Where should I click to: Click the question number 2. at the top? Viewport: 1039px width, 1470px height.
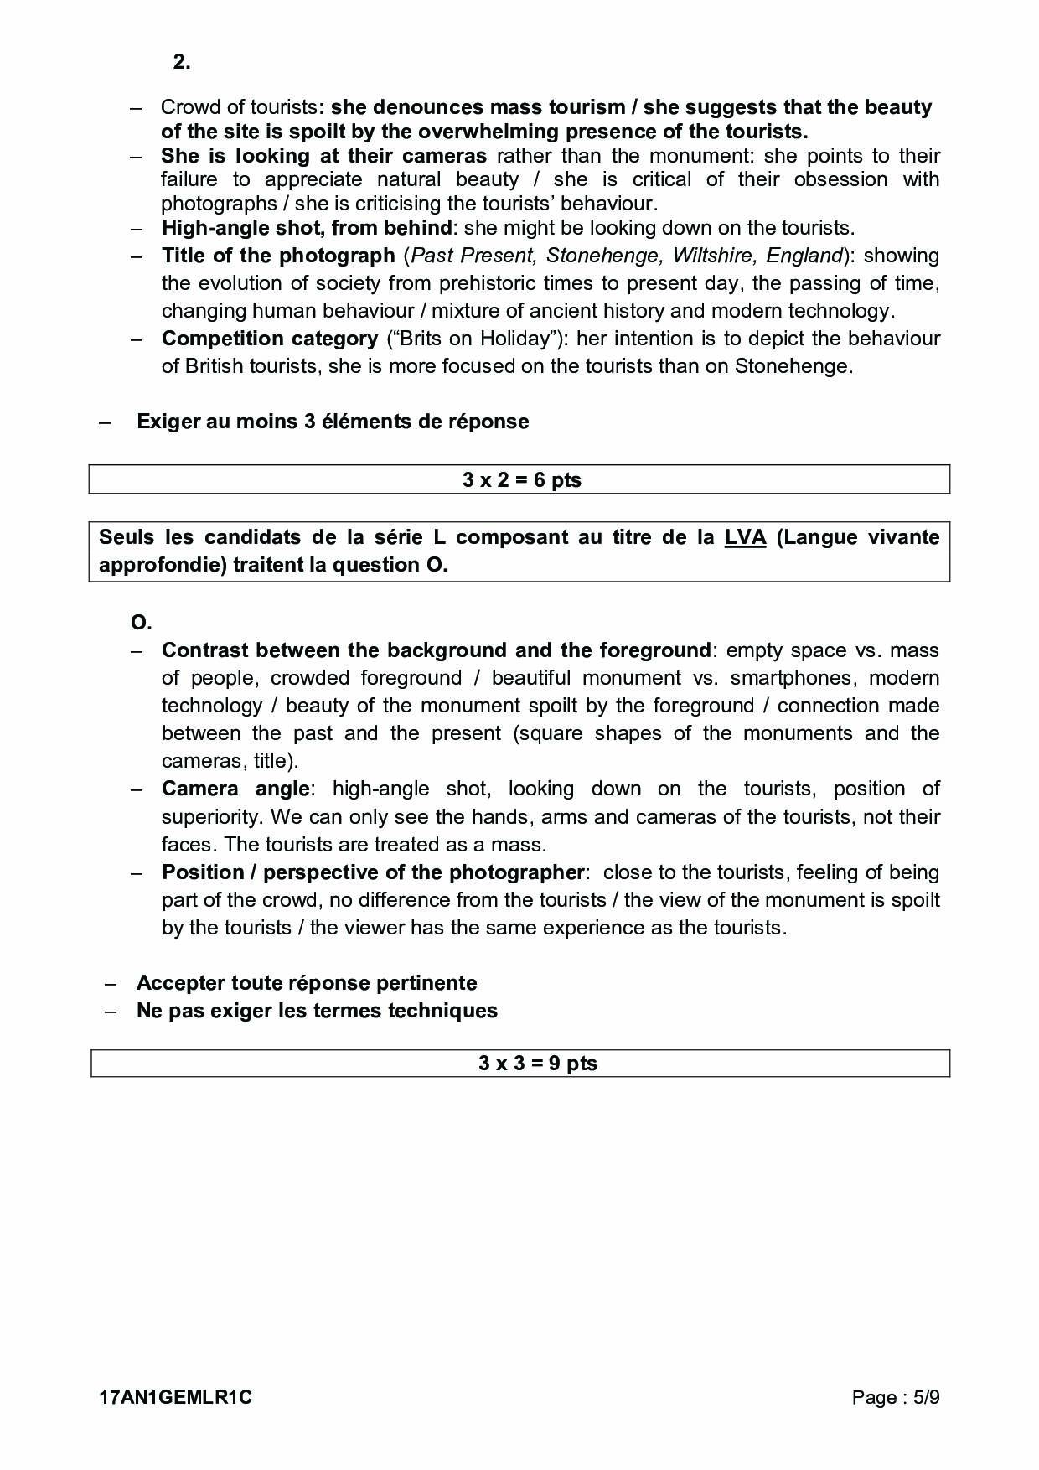(182, 62)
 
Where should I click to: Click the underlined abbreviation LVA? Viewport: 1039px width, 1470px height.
(745, 537)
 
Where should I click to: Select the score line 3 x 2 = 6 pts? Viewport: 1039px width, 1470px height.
(521, 480)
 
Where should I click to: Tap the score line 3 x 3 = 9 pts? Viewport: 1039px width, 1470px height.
(537, 1064)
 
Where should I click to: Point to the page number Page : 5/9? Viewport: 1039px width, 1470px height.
(896, 1397)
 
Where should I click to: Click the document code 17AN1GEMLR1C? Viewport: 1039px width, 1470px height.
(175, 1397)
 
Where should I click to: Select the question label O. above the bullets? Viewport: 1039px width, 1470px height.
(142, 623)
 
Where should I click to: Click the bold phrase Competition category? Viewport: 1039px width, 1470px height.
(270, 339)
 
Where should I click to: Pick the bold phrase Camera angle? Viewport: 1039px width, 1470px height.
(235, 789)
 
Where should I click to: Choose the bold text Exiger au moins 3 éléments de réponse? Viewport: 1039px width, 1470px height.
(333, 421)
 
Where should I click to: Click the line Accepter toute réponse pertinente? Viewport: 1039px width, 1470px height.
(307, 982)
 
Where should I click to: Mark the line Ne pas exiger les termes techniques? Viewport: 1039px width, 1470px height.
(317, 1010)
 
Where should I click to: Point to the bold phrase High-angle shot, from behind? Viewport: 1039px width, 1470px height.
(307, 228)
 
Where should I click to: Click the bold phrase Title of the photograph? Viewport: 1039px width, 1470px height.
(278, 256)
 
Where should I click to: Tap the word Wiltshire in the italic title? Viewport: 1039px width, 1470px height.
(715, 256)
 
